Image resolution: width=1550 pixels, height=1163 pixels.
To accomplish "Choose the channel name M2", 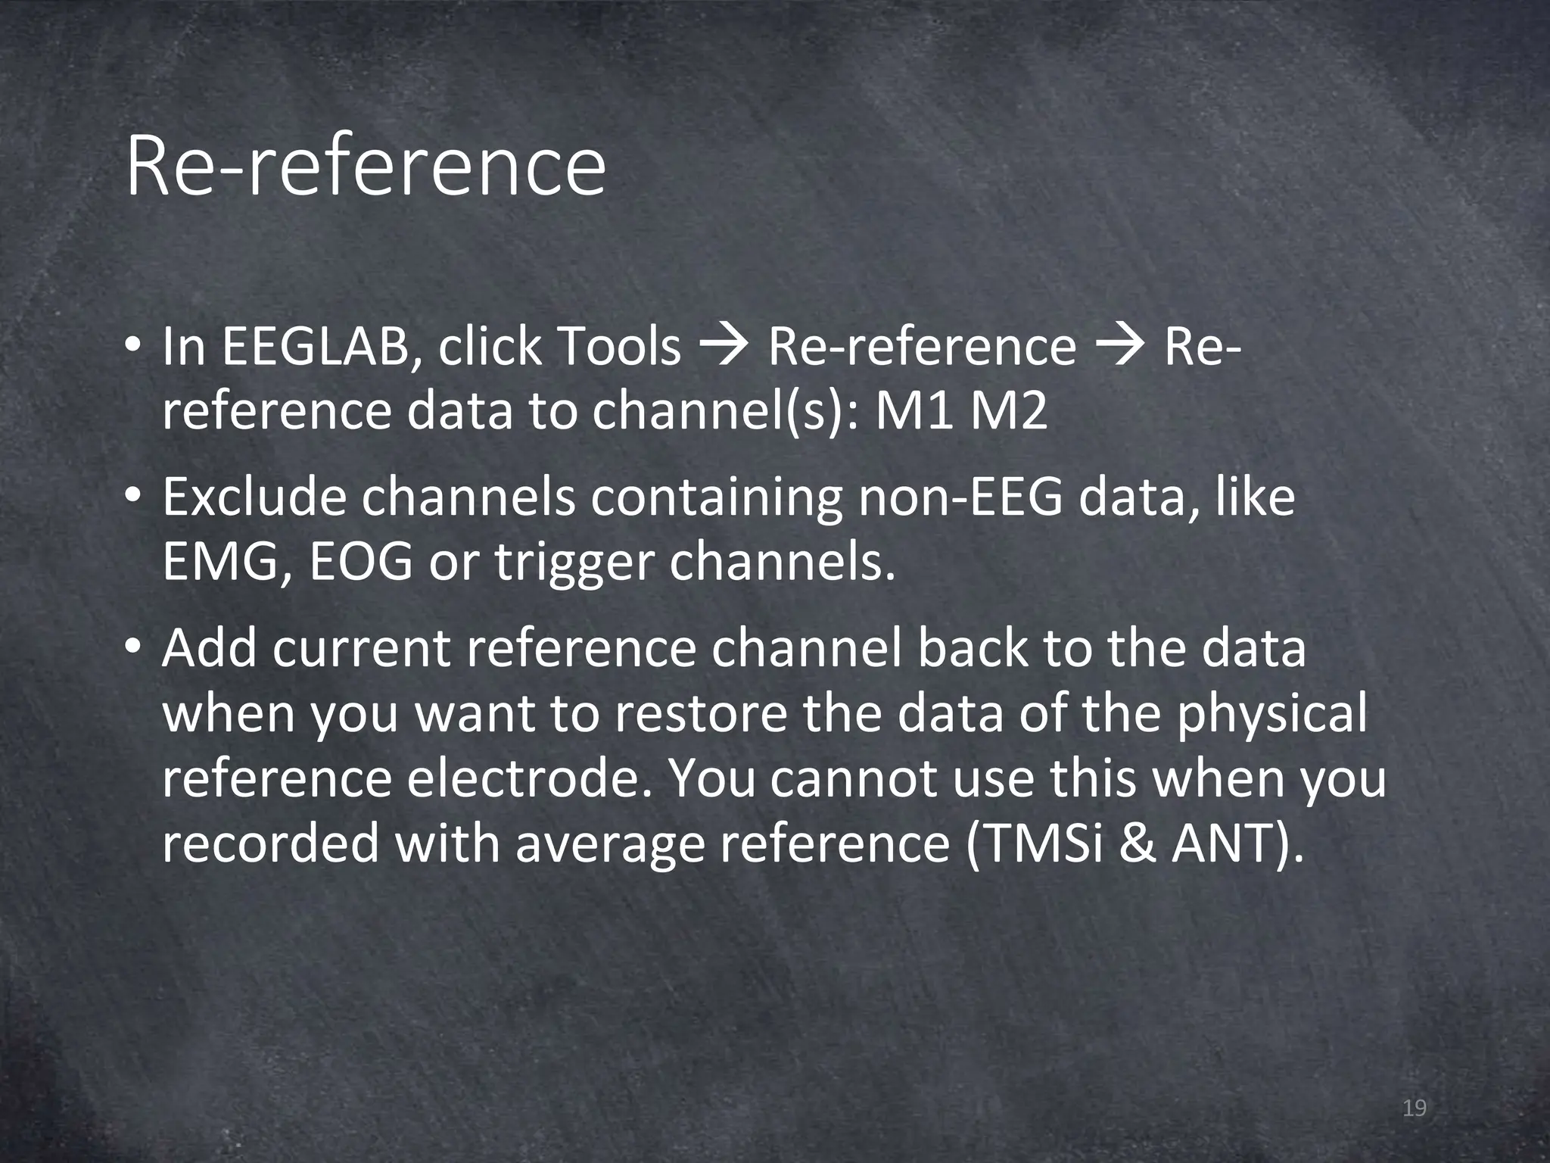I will tap(1009, 413).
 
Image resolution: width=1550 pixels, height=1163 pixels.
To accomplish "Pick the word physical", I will tap(1271, 716).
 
